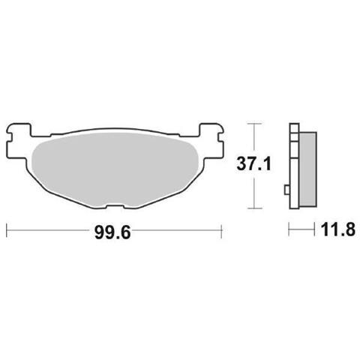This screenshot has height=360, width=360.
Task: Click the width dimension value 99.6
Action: tap(112, 233)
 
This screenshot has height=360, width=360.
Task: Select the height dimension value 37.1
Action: tap(253, 164)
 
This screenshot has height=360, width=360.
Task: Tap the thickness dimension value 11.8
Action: tap(337, 229)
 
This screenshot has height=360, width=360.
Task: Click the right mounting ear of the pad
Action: tap(211, 140)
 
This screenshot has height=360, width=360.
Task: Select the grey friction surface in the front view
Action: tap(115, 170)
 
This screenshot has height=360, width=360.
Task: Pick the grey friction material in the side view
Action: tap(307, 169)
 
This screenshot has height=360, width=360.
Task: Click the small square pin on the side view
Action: tap(287, 190)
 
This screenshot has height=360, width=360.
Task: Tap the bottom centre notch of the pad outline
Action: tap(115, 207)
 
